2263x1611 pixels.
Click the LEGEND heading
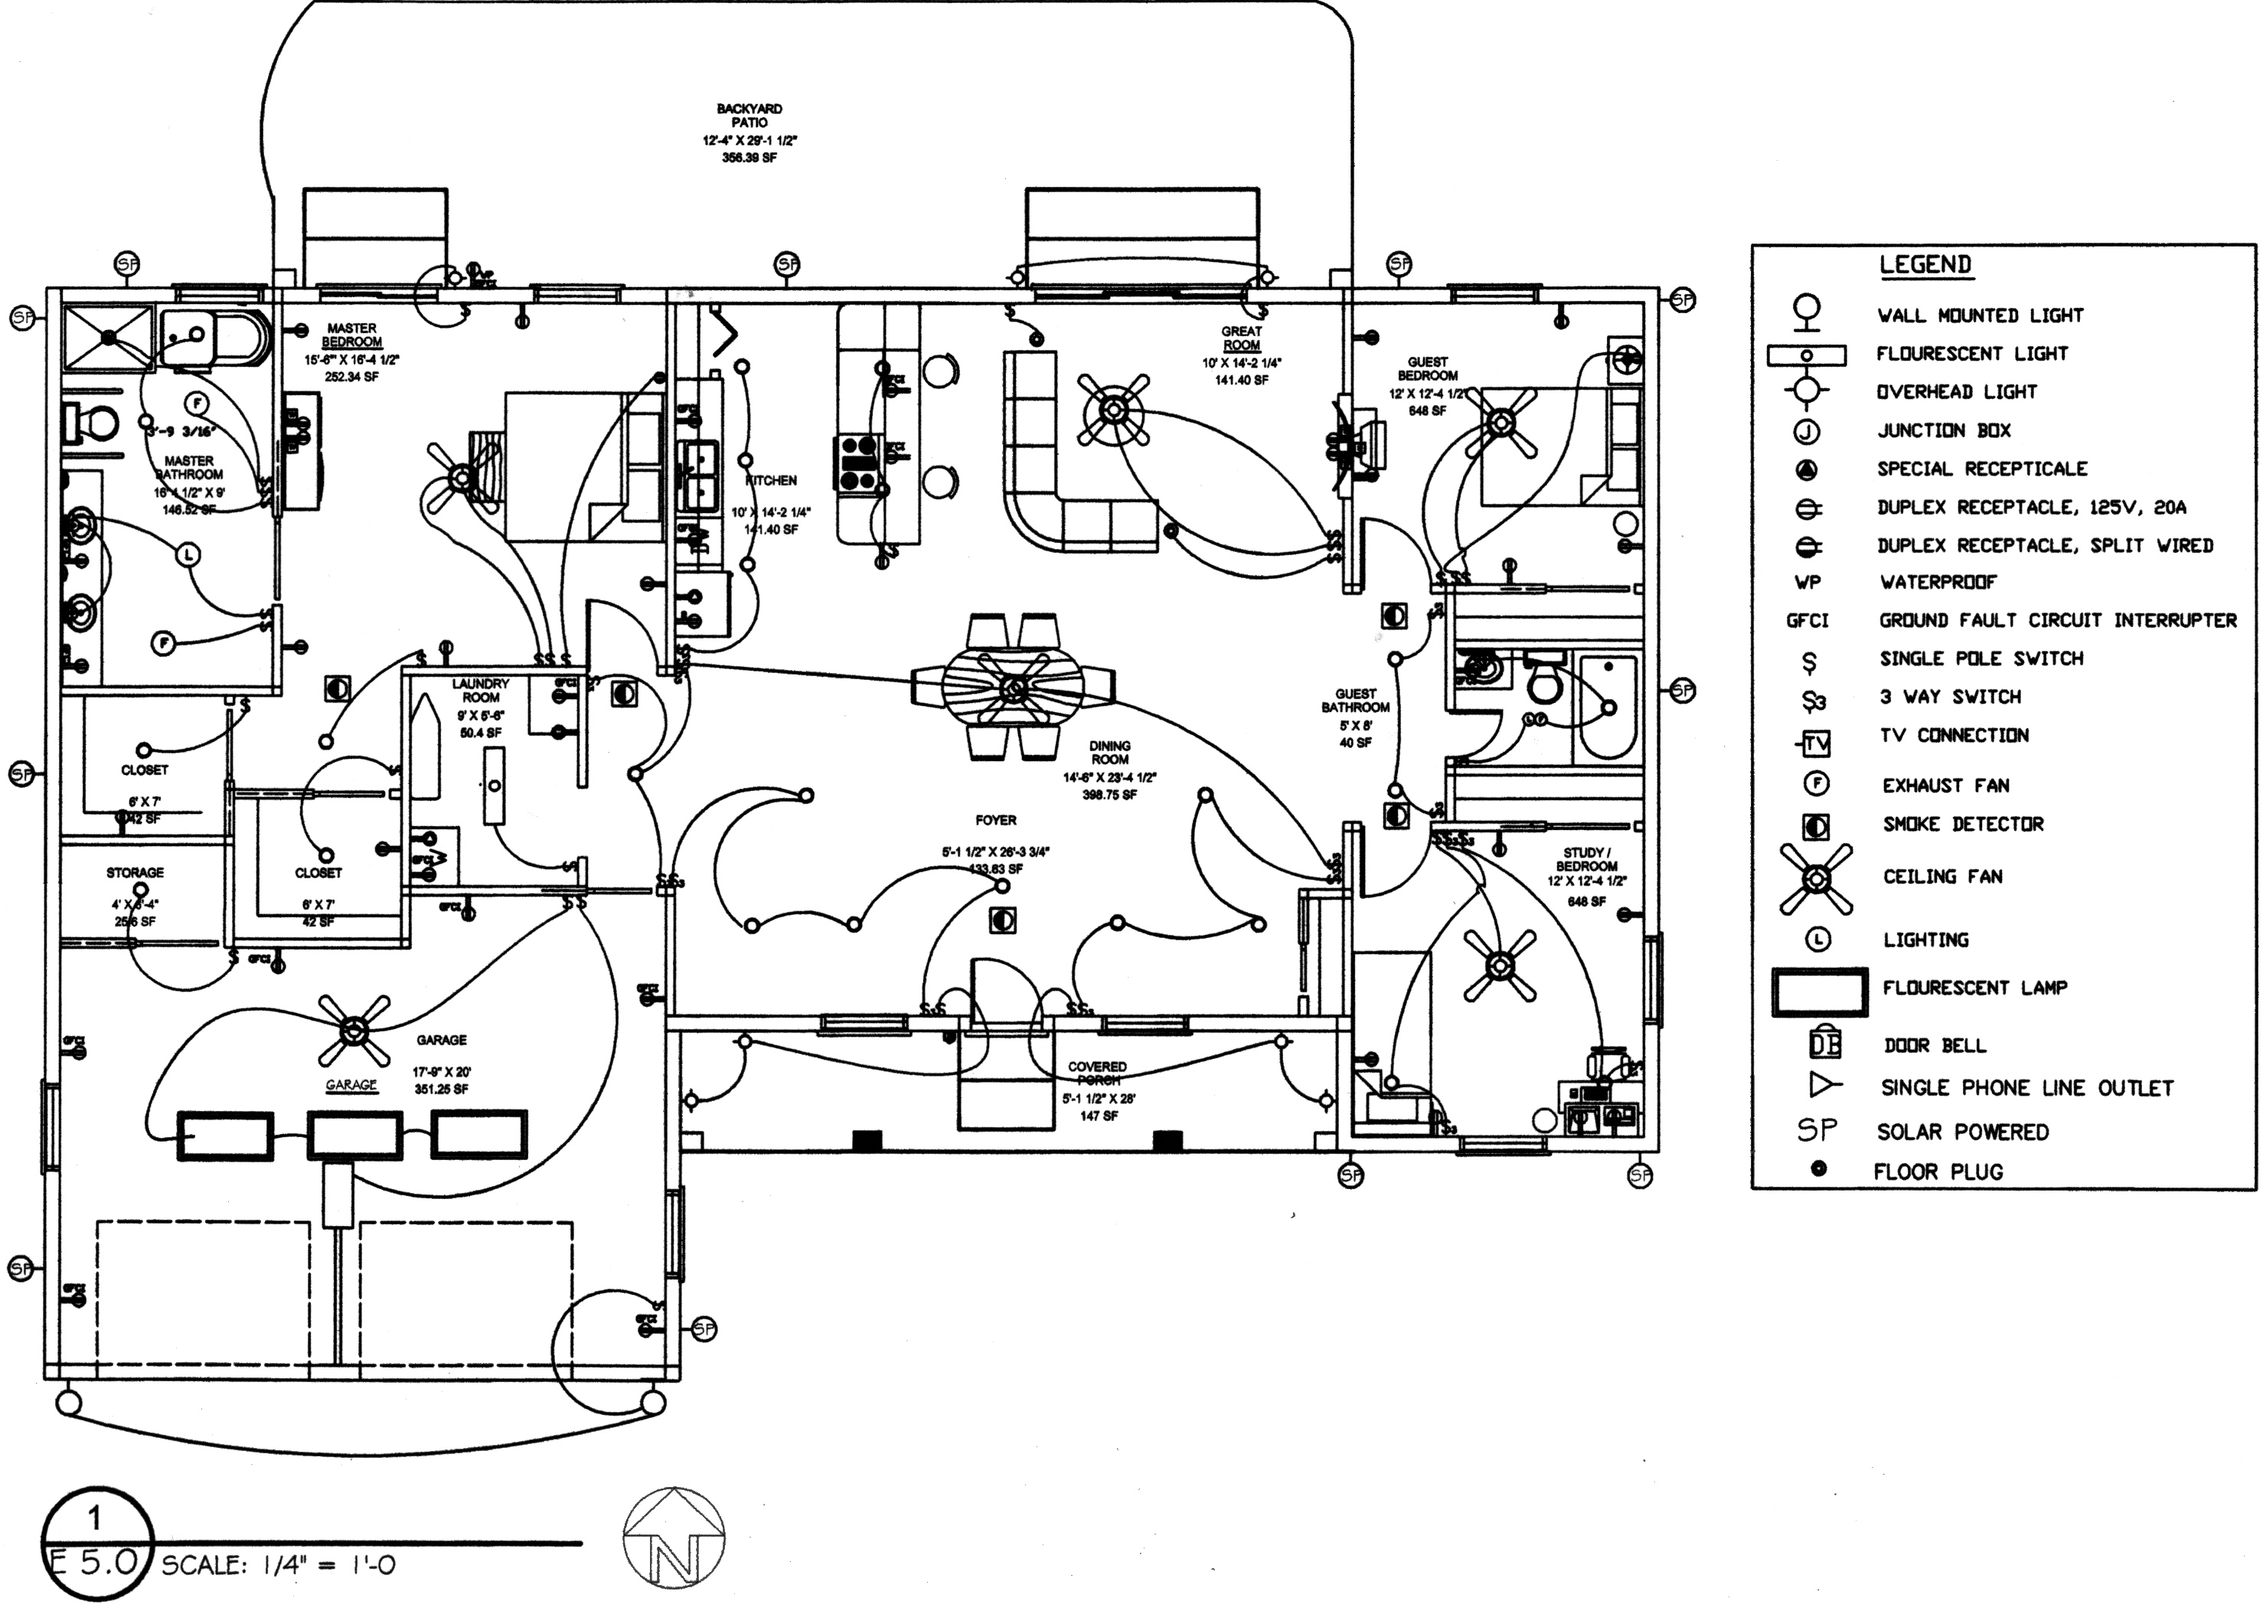click(x=1925, y=265)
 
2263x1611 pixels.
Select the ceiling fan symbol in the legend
click(x=1816, y=878)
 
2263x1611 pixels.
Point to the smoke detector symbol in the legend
click(x=1816, y=825)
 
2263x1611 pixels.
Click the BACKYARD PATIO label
click(x=749, y=115)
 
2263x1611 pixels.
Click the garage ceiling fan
click(x=353, y=1031)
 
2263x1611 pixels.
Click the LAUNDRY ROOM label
click(x=480, y=691)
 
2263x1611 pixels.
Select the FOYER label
click(x=996, y=820)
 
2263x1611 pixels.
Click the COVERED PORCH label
click(x=1098, y=1073)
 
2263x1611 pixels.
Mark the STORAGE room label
click(x=135, y=873)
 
